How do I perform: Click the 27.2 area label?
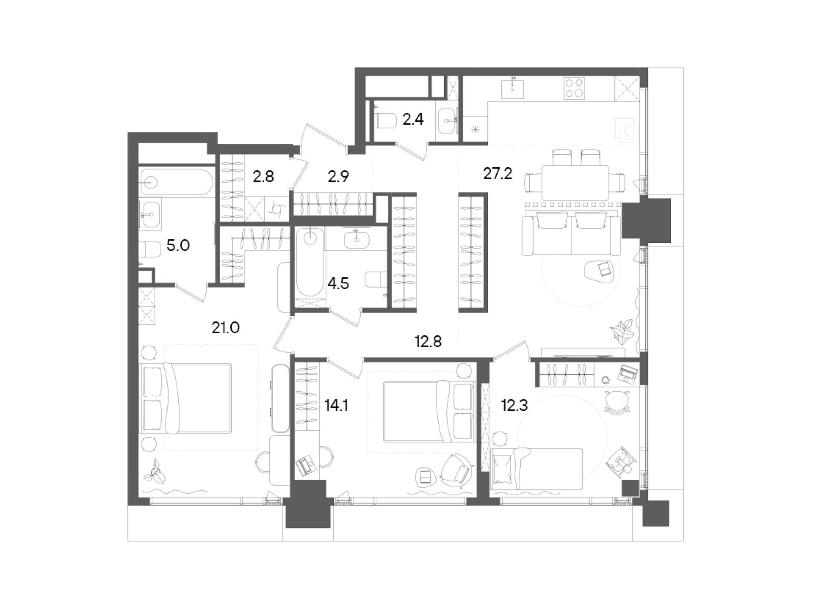pyautogui.click(x=498, y=174)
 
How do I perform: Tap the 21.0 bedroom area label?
pyautogui.click(x=226, y=327)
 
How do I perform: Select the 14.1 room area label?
pyautogui.click(x=337, y=406)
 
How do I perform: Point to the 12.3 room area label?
pyautogui.click(x=514, y=406)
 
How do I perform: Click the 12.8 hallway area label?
pyautogui.click(x=428, y=342)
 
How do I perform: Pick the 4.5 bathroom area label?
pyautogui.click(x=338, y=284)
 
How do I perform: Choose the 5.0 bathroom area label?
pyautogui.click(x=178, y=246)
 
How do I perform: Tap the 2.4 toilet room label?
pyautogui.click(x=413, y=119)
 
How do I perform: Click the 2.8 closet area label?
pyautogui.click(x=263, y=177)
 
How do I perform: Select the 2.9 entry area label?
pyautogui.click(x=338, y=177)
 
